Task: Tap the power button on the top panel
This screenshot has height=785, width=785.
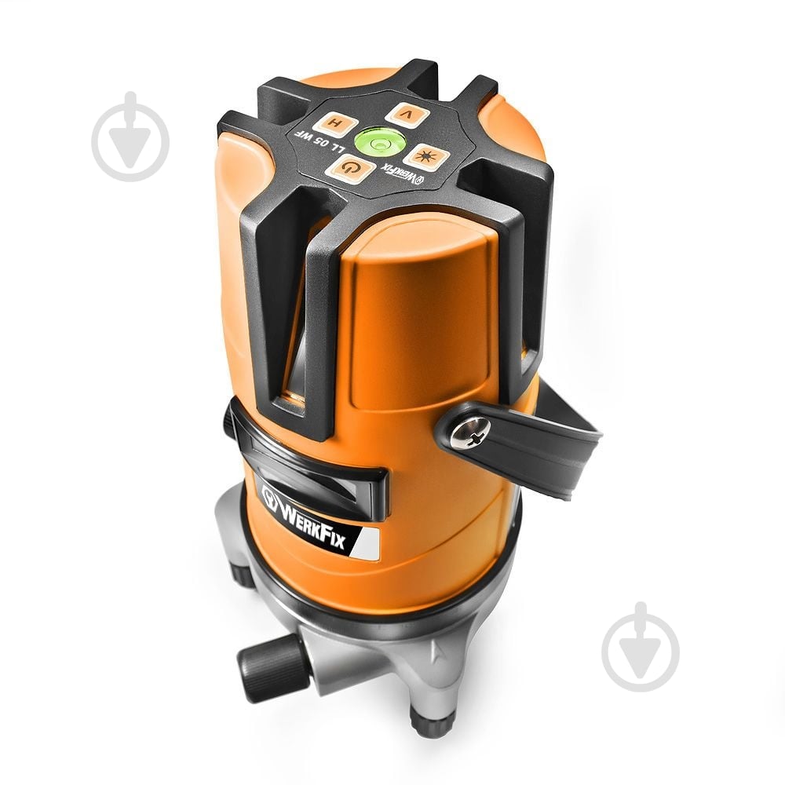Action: point(350,169)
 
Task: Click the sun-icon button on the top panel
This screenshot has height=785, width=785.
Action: point(426,157)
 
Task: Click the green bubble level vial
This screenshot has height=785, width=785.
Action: point(379,142)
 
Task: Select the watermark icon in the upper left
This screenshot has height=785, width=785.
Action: point(130,136)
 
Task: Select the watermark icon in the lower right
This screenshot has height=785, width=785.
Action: point(641,647)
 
